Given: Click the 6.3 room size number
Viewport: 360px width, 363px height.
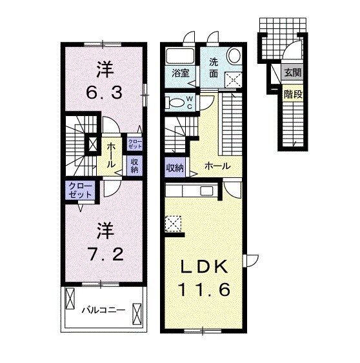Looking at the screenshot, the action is click(104, 93).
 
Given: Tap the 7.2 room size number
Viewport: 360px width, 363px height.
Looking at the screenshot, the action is click(105, 254).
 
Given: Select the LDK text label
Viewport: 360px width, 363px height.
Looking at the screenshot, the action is click(203, 267).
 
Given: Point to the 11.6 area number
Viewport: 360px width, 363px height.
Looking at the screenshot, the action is click(205, 289).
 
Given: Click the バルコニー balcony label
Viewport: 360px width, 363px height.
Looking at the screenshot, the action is click(104, 309).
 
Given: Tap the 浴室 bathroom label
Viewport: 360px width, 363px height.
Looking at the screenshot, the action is click(181, 73).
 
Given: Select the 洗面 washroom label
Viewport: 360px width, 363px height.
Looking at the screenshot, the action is click(214, 68).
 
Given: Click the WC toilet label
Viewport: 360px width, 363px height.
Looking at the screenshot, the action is click(190, 103).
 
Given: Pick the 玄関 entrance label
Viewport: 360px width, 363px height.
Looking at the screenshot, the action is click(293, 73).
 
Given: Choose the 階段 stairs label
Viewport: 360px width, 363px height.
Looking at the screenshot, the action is click(294, 94).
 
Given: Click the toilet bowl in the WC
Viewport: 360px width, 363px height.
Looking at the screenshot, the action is click(176, 103).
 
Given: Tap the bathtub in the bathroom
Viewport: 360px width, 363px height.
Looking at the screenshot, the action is click(180, 56).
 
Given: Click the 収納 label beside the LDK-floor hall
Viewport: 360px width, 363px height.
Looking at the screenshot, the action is click(175, 168).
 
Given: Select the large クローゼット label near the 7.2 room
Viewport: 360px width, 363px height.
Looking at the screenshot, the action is click(81, 190).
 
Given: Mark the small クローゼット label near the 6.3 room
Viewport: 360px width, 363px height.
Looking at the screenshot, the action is click(135, 144).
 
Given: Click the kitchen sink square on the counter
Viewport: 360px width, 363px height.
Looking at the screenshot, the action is click(206, 191).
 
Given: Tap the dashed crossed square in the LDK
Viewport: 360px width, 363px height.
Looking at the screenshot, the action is click(173, 224).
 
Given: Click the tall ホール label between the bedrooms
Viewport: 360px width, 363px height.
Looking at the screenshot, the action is click(111, 155).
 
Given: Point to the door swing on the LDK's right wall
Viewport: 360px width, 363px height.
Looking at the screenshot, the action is click(252, 260).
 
